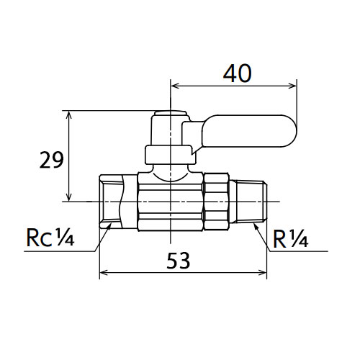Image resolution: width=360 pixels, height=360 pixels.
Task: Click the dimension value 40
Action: pyautogui.click(x=238, y=73)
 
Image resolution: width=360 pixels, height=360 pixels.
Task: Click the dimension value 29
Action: pyautogui.click(x=52, y=160)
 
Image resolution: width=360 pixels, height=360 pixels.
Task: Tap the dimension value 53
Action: pyautogui.click(x=178, y=261)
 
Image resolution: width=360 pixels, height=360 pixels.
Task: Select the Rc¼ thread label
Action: pyautogui.click(x=50, y=238)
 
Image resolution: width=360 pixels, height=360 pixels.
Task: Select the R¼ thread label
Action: pyautogui.click(x=290, y=239)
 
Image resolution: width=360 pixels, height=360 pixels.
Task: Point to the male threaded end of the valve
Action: pyautogui.click(x=251, y=202)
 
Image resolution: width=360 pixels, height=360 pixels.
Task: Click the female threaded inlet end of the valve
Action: pyautogui.click(x=112, y=202)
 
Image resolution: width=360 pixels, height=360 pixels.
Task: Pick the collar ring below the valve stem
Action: pyautogui.click(x=170, y=155)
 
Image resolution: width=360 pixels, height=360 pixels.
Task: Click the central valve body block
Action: pyautogui.click(x=170, y=202)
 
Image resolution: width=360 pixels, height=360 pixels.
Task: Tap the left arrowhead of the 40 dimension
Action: pyautogui.click(x=176, y=86)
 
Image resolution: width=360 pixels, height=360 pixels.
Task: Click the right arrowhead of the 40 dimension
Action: pyautogui.click(x=292, y=86)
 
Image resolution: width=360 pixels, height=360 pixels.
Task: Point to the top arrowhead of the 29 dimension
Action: pyautogui.click(x=69, y=115)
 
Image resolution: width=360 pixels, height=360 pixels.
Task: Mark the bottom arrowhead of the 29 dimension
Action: pyautogui.click(x=69, y=197)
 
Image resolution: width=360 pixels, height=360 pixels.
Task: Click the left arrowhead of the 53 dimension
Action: pyautogui.click(x=104, y=273)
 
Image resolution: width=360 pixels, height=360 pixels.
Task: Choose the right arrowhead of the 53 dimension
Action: pyautogui.click(x=262, y=273)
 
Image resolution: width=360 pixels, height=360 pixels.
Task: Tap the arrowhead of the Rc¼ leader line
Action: pyautogui.click(x=109, y=226)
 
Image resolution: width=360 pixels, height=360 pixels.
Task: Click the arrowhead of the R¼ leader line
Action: pyautogui.click(x=256, y=226)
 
